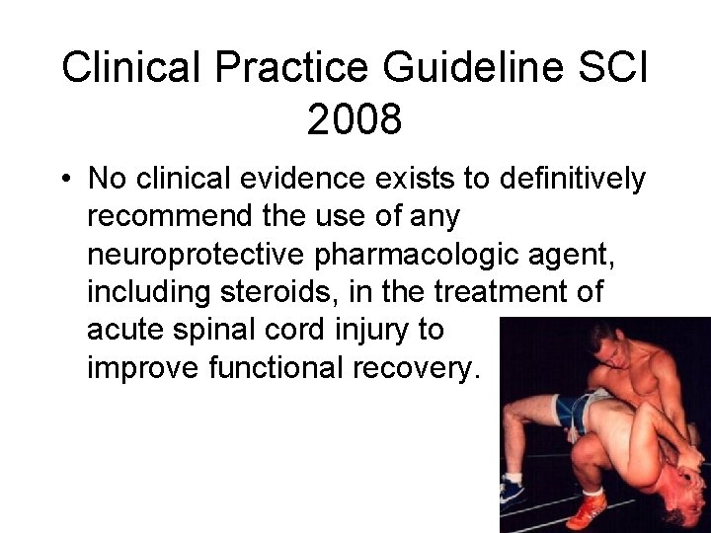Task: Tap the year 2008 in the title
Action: [355, 120]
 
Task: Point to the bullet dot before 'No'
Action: [64, 180]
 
